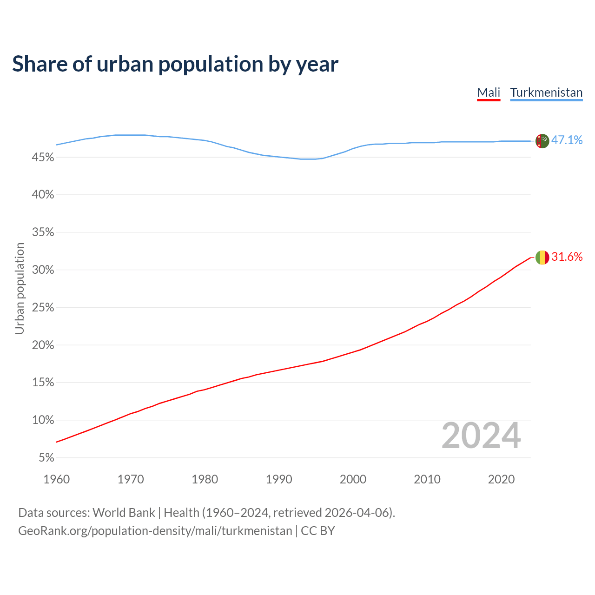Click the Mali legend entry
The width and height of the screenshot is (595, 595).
pos(489,93)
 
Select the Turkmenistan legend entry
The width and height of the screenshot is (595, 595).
pos(546,93)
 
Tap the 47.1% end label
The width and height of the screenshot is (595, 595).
pos(567,140)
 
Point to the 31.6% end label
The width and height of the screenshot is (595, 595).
pos(567,257)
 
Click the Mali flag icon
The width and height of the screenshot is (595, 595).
pos(542,257)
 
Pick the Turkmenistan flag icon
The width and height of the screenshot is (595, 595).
pos(542,140)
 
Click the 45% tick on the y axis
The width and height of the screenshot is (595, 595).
pos(43,158)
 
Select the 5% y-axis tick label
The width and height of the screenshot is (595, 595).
pos(46,458)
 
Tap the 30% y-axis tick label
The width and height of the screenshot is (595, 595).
pos(43,270)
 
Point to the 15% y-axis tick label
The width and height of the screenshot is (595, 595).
pos(43,383)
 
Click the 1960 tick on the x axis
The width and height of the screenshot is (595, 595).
pos(56,479)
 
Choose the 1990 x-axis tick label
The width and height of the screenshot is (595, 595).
pos(279,479)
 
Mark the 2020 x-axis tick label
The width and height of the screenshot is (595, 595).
pos(501,479)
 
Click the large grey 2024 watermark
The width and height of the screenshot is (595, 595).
pos(481,436)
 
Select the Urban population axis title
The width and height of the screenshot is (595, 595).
pos(20,288)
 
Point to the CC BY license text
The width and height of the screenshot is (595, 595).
pos(318,531)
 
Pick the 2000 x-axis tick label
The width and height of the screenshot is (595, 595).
pos(353,479)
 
